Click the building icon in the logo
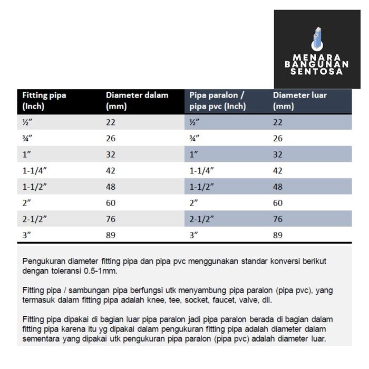(318, 38)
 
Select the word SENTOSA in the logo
(317, 71)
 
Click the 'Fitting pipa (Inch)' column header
(44, 100)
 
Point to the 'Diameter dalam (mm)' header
(137, 100)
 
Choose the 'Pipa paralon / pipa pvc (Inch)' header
(218, 100)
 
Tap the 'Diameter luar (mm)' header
(299, 100)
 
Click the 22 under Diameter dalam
(111, 122)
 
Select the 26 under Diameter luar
(278, 139)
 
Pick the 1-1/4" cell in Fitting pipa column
(35, 171)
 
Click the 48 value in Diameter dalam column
(111, 187)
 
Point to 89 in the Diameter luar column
(278, 235)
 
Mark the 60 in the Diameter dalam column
(111, 203)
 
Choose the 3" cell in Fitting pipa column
(27, 235)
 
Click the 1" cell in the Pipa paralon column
(194, 154)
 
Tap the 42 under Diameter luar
(278, 171)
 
